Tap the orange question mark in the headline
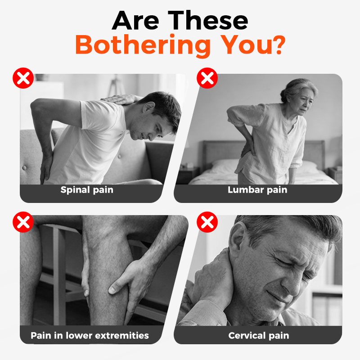(x=279, y=44)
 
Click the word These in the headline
(x=208, y=20)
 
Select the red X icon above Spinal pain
(x=23, y=78)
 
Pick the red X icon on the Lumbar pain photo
(x=207, y=78)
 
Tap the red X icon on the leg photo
(x=23, y=222)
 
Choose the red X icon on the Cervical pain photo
(x=207, y=222)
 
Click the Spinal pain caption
(x=87, y=190)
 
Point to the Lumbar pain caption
(x=257, y=190)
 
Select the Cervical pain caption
(x=258, y=336)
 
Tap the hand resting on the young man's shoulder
(x=121, y=99)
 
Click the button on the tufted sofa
(x=24, y=168)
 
